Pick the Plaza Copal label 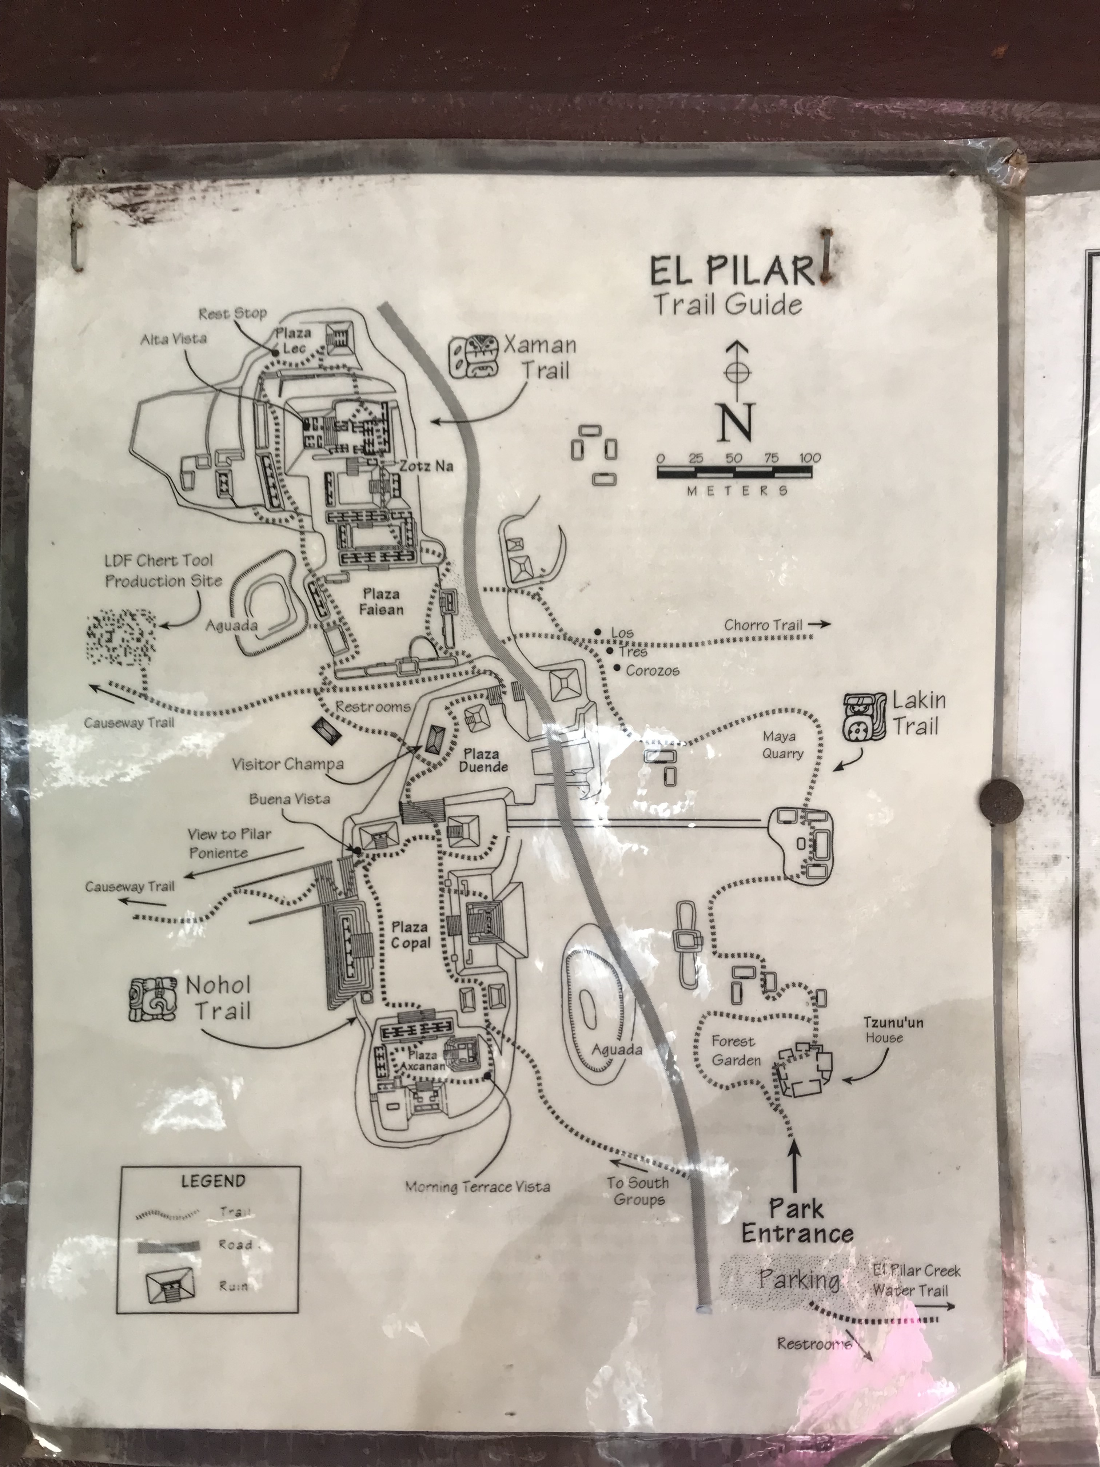pyautogui.click(x=410, y=934)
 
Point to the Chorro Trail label pyautogui.click(x=763, y=625)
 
